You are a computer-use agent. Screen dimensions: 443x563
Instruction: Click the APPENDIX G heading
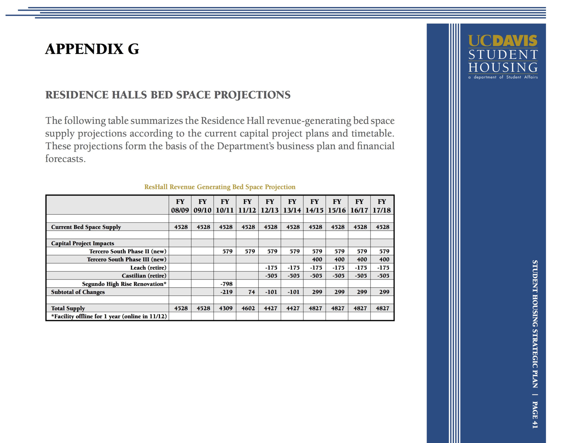click(92, 49)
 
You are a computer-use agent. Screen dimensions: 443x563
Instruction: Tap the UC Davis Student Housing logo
click(503, 57)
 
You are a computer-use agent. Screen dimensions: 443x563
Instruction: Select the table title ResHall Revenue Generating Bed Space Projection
click(220, 187)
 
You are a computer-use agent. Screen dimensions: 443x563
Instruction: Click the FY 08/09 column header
click(180, 206)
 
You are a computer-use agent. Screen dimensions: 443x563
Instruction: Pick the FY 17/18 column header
click(382, 206)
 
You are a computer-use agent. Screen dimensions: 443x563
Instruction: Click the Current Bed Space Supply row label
click(86, 227)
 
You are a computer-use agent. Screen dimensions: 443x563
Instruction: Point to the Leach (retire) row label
click(148, 267)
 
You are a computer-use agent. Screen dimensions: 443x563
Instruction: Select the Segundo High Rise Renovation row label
click(124, 284)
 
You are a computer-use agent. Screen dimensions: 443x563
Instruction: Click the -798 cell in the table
click(226, 284)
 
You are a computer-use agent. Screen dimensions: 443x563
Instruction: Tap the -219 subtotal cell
click(226, 292)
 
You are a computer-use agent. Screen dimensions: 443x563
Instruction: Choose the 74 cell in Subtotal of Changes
click(251, 292)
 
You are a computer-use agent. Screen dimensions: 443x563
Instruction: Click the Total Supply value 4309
click(226, 308)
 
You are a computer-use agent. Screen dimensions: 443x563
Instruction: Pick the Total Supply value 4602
click(248, 308)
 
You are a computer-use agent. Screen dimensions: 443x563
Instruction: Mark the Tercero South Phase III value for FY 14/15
click(317, 259)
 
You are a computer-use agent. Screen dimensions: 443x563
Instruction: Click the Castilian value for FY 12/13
click(271, 275)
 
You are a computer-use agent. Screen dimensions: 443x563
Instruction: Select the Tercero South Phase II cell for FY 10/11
click(227, 251)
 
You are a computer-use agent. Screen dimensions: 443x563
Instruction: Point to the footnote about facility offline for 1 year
click(109, 316)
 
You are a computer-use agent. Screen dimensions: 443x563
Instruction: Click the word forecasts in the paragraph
click(65, 159)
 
